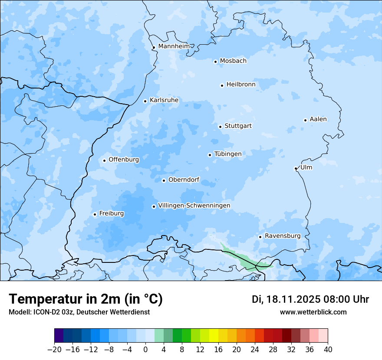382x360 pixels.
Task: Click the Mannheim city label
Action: [174, 46]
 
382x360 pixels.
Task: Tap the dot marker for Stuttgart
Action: [221, 127]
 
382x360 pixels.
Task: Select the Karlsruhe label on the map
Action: [164, 100]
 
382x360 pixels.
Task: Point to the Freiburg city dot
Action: [95, 214]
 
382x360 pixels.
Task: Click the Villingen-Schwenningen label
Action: [194, 206]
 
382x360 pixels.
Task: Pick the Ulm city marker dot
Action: [296, 168]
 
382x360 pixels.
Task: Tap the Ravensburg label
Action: [282, 236]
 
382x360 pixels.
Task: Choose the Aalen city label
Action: [318, 119]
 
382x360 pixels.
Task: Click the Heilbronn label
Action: [241, 85]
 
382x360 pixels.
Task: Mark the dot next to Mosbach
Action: [215, 62]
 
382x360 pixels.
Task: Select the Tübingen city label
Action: [227, 154]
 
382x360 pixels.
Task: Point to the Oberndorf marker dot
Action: [164, 180]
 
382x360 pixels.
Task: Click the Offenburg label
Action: [124, 160]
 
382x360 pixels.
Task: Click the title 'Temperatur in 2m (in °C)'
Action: [86, 299]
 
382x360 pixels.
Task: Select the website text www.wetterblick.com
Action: [313, 312]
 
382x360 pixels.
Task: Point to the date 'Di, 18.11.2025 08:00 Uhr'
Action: [310, 299]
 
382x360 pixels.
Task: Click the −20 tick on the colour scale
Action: [54, 350]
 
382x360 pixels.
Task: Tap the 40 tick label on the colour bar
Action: [328, 350]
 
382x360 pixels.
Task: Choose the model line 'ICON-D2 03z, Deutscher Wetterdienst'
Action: [79, 312]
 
